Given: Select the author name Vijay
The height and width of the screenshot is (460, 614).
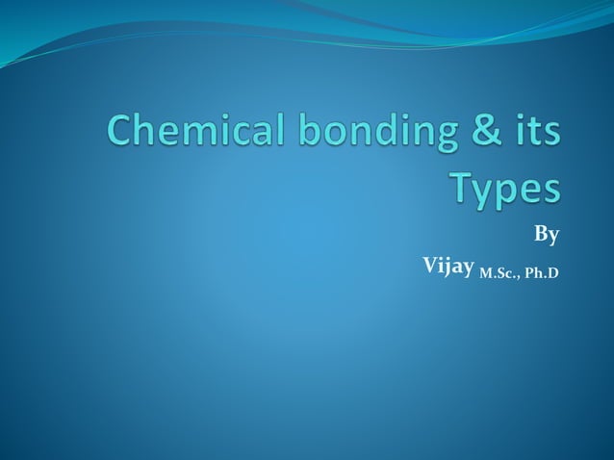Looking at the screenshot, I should (x=448, y=264).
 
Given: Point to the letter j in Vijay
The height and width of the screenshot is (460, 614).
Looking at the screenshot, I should (x=450, y=265).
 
